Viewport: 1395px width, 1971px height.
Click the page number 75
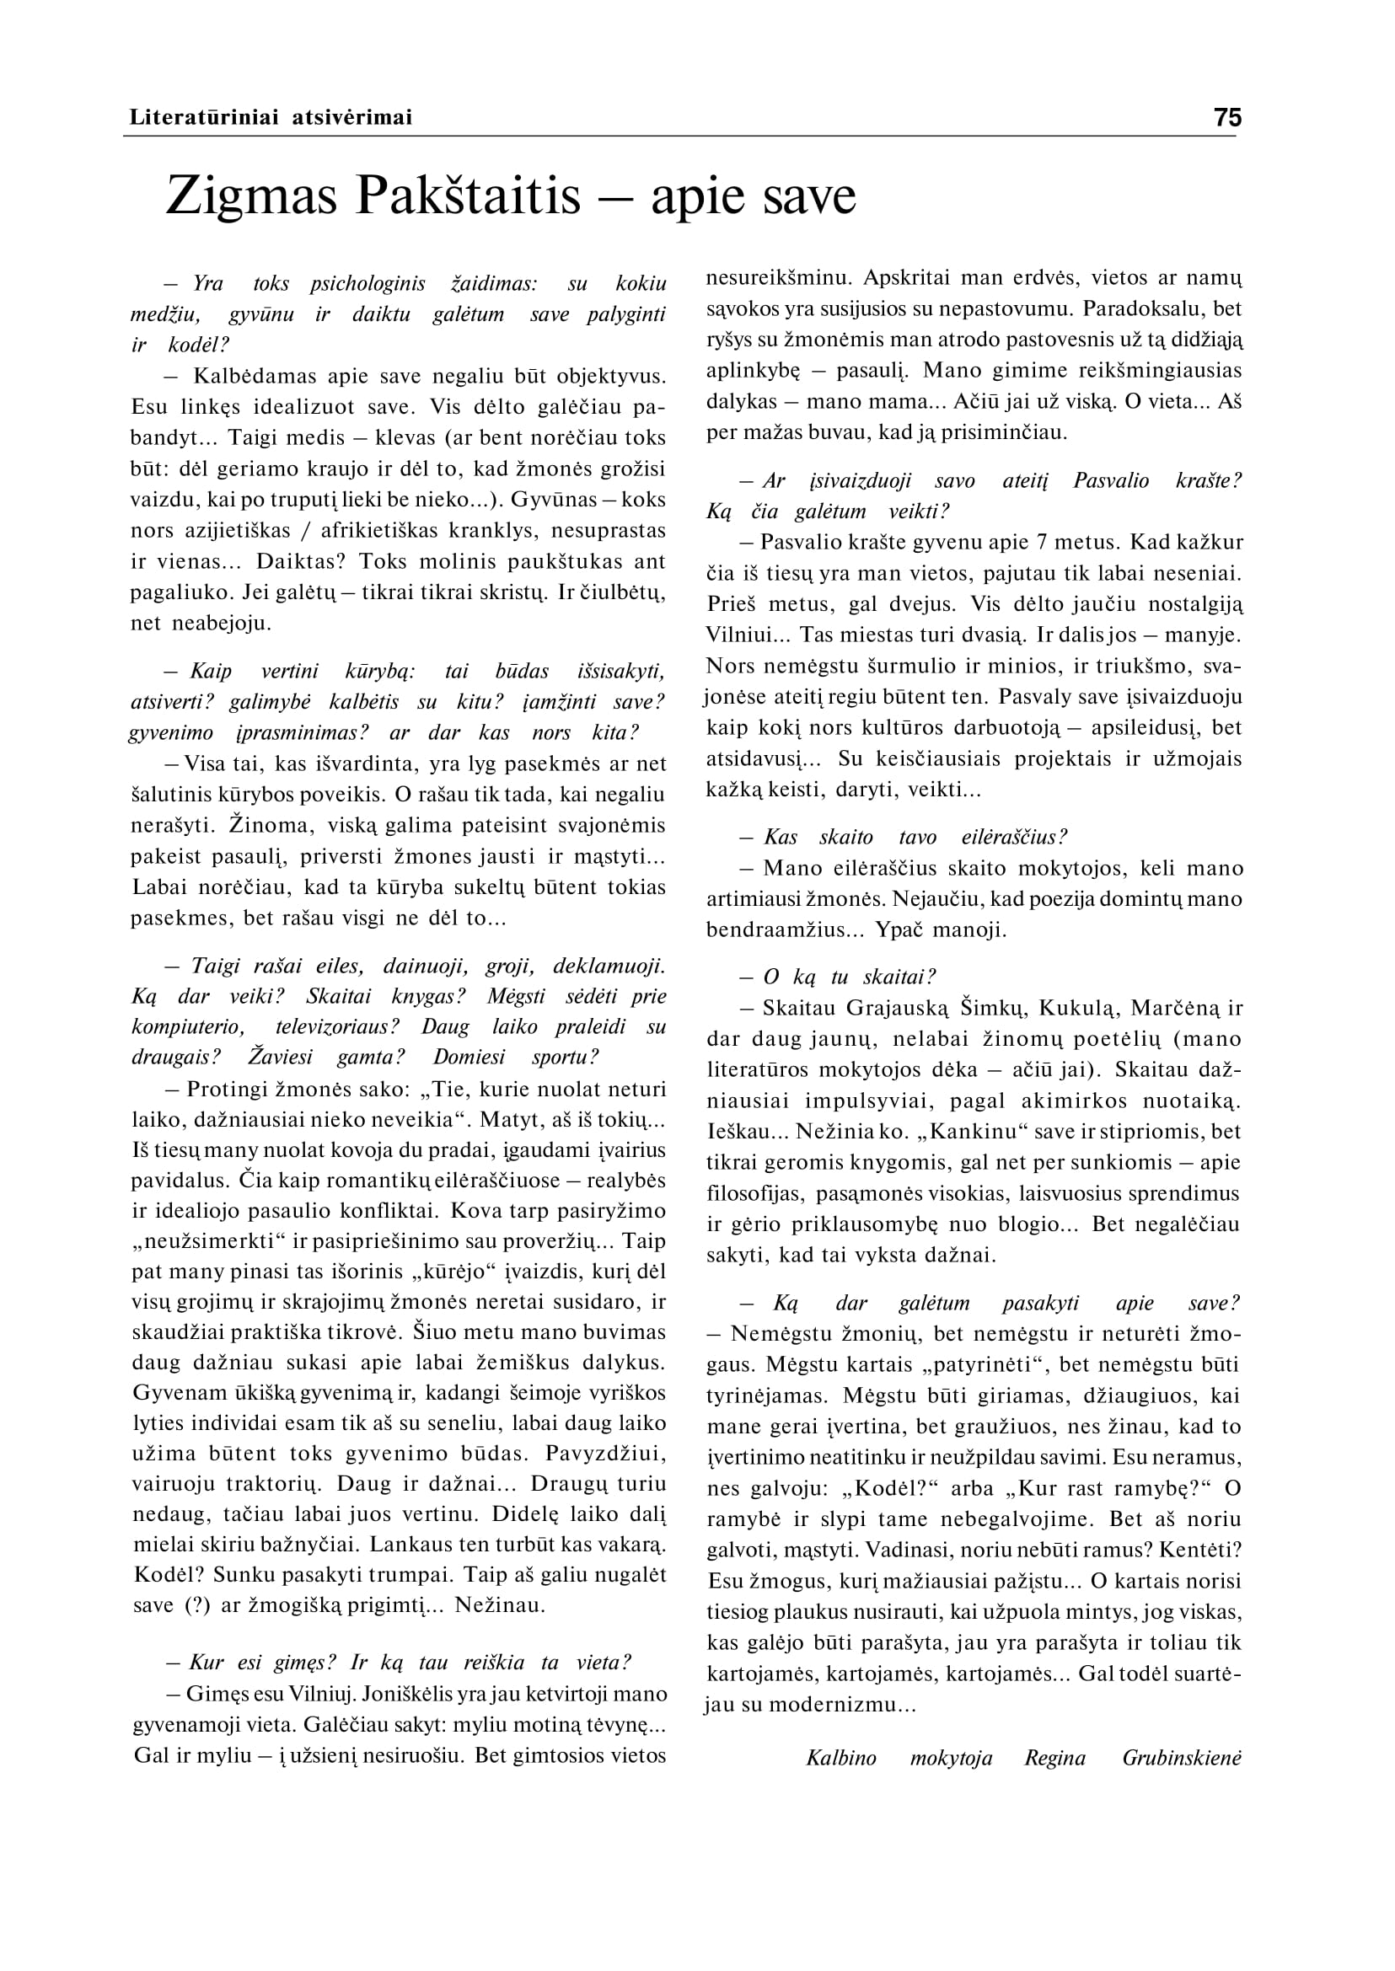pyautogui.click(x=1227, y=117)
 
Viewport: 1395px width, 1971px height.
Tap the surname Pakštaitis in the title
pyautogui.click(x=469, y=195)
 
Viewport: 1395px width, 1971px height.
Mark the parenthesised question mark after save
pyautogui.click(x=197, y=1605)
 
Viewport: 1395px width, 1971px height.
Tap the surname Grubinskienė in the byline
pyautogui.click(x=1181, y=1758)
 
